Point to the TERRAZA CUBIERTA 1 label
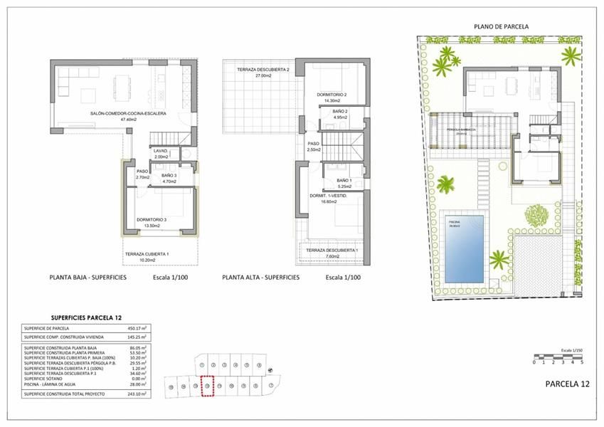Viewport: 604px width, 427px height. coord(147,254)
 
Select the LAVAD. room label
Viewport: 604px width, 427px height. coord(160,151)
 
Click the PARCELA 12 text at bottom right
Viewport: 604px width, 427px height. coord(567,384)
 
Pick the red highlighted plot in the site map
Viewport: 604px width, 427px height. coord(208,386)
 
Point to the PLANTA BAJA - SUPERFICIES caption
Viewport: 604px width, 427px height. coord(88,278)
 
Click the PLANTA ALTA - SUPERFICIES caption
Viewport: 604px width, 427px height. coord(260,278)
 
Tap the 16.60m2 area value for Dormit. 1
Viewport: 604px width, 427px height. coord(327,201)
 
